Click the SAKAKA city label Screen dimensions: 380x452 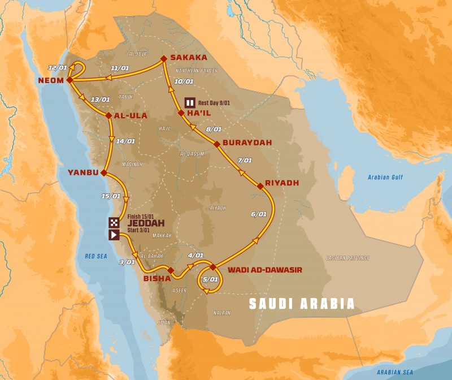click(x=188, y=58)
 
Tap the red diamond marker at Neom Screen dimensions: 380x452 click(x=69, y=80)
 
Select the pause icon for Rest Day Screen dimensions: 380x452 click(x=190, y=103)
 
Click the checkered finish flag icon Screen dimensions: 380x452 click(x=114, y=222)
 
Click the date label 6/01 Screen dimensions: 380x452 click(x=258, y=214)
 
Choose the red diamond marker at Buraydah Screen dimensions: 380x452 click(x=216, y=144)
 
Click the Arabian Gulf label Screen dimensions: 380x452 click(x=386, y=177)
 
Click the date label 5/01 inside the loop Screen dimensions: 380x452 click(x=210, y=279)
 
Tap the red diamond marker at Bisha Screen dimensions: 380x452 click(x=170, y=270)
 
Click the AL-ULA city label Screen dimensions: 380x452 click(x=131, y=115)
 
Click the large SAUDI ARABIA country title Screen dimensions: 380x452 click(x=303, y=304)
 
